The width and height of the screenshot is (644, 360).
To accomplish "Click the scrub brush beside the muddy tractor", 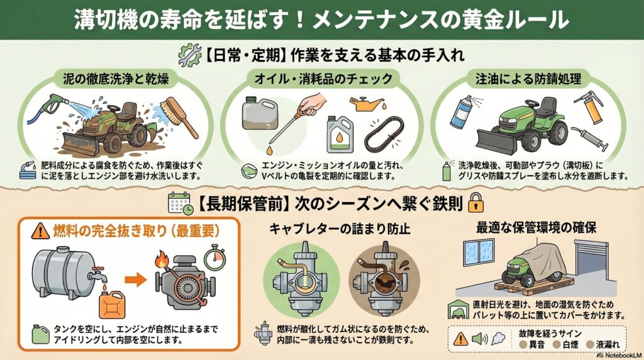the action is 180,117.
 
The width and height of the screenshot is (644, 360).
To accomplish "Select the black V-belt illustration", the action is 384,133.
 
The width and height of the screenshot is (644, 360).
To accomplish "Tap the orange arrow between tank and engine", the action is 136,280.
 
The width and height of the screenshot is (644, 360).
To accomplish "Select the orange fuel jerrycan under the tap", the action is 113,305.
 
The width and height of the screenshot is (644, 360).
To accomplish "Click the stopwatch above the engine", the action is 215,257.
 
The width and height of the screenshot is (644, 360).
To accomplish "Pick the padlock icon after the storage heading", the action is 476,203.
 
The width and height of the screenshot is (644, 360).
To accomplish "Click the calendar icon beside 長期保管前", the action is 180,203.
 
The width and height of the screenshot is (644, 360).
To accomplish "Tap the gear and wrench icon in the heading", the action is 190,55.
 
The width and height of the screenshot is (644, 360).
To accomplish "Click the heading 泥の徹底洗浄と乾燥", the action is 116,78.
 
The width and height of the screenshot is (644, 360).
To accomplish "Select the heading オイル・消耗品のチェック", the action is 323,79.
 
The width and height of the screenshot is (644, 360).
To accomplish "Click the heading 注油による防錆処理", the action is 528,79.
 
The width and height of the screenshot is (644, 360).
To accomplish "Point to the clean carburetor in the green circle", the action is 301,279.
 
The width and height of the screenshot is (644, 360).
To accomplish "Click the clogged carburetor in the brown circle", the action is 384,279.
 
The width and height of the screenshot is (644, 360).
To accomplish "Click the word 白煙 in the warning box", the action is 570,345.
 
